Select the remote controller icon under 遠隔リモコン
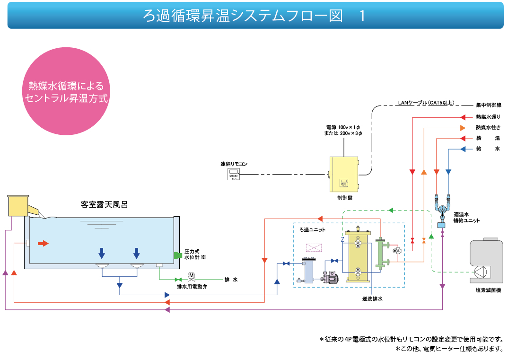(x=234, y=175)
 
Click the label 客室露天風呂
(x=104, y=205)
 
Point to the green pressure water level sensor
(x=178, y=255)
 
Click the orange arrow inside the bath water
(x=43, y=243)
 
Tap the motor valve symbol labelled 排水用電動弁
(x=191, y=275)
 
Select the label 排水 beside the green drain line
(x=231, y=280)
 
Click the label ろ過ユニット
(x=313, y=229)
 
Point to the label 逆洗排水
(x=372, y=299)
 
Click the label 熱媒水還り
(x=488, y=116)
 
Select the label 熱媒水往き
(x=488, y=127)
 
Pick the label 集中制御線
(x=489, y=105)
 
